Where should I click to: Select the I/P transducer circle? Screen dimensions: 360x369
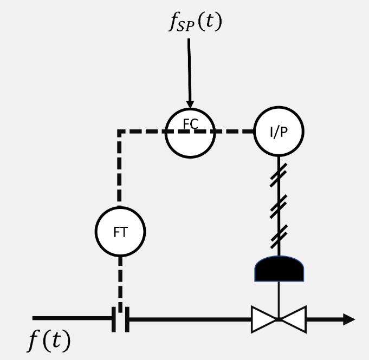pyautogui.click(x=279, y=132)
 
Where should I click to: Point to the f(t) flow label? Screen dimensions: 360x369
pyautogui.click(x=49, y=341)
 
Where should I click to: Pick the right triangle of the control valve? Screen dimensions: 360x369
pyautogui.click(x=293, y=319)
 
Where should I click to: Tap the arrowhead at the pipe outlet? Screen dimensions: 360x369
pyautogui.click(x=348, y=319)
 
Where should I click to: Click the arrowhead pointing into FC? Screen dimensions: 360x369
pyautogui.click(x=190, y=103)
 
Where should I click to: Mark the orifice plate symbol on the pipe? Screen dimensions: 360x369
pyautogui.click(x=120, y=319)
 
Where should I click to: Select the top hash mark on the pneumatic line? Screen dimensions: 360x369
pyautogui.click(x=279, y=174)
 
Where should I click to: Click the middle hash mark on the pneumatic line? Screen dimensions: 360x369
pyautogui.click(x=279, y=206)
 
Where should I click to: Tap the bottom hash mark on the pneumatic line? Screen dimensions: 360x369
pyautogui.click(x=279, y=235)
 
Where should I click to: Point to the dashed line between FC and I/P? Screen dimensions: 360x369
pyautogui.click(x=234, y=132)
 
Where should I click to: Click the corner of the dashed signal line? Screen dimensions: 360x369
pyautogui.click(x=120, y=132)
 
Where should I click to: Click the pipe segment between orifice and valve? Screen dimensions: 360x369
pyautogui.click(x=190, y=319)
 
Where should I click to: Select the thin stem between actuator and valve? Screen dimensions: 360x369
pyautogui.click(x=279, y=298)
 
